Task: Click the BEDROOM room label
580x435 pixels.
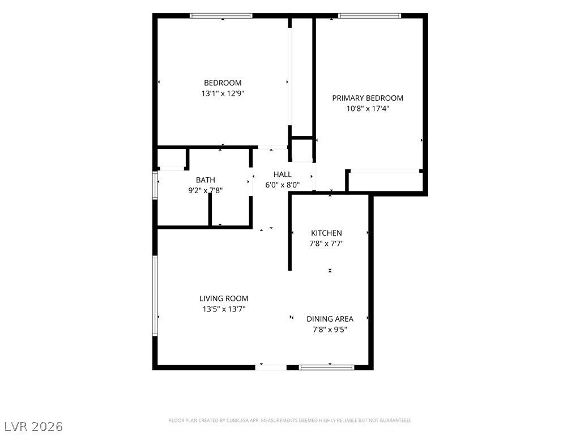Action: click(223, 83)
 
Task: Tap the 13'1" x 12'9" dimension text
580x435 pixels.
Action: click(223, 93)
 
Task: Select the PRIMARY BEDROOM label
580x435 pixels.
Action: click(368, 98)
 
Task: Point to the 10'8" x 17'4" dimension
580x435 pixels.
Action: click(368, 109)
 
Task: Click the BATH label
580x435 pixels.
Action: click(205, 180)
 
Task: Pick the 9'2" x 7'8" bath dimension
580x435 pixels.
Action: click(205, 191)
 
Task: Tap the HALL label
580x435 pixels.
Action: click(282, 174)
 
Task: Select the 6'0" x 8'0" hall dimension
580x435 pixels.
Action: click(282, 185)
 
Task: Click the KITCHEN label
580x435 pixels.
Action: click(326, 233)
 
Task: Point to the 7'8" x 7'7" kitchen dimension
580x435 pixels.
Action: click(326, 244)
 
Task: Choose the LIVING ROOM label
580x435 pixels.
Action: click(224, 298)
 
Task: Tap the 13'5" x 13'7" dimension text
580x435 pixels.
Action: click(224, 309)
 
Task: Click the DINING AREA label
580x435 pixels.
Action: click(330, 319)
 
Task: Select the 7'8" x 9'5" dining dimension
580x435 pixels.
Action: click(330, 330)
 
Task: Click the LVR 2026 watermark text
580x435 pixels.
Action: click(32, 427)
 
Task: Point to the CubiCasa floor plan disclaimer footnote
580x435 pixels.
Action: click(290, 421)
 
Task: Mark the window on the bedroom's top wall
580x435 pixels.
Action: click(221, 16)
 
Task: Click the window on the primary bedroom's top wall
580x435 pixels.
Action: click(369, 16)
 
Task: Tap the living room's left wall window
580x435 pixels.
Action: click(155, 296)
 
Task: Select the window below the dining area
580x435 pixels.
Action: click(326, 367)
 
